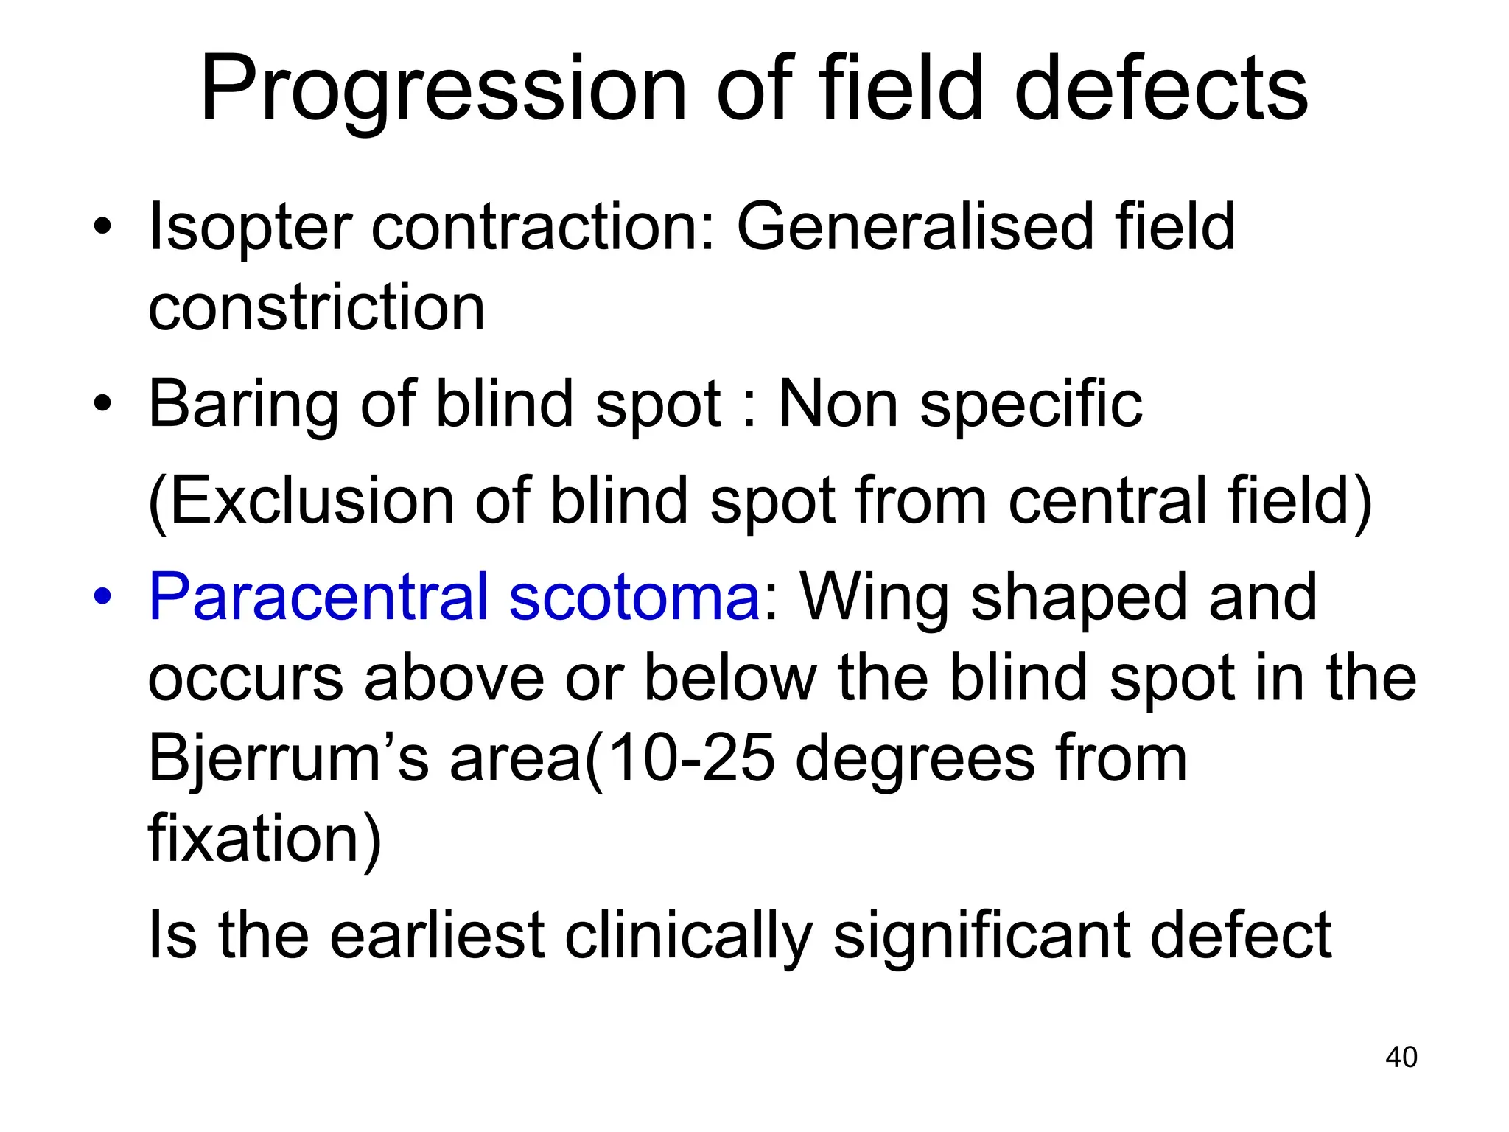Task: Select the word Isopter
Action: (x=249, y=228)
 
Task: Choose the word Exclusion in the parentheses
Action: (x=310, y=501)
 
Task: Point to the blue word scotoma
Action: (x=634, y=596)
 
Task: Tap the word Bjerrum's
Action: (x=288, y=760)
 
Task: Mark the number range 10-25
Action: (x=690, y=758)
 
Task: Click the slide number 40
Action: (x=1401, y=1057)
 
